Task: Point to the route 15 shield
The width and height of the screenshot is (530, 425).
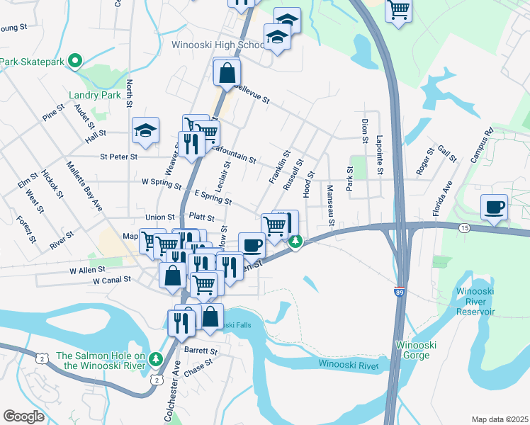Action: click(464, 227)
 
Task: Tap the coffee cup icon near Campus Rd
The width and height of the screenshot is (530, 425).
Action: click(494, 208)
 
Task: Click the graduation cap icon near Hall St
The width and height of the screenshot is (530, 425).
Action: click(145, 130)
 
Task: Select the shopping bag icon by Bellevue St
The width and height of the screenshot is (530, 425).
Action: click(227, 72)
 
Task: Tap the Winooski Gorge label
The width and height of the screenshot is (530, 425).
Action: click(417, 350)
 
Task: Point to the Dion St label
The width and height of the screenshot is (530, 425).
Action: click(364, 130)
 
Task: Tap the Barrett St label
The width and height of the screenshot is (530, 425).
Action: click(201, 351)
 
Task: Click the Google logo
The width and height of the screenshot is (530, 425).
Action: click(24, 416)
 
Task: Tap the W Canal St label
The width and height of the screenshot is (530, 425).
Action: click(112, 280)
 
